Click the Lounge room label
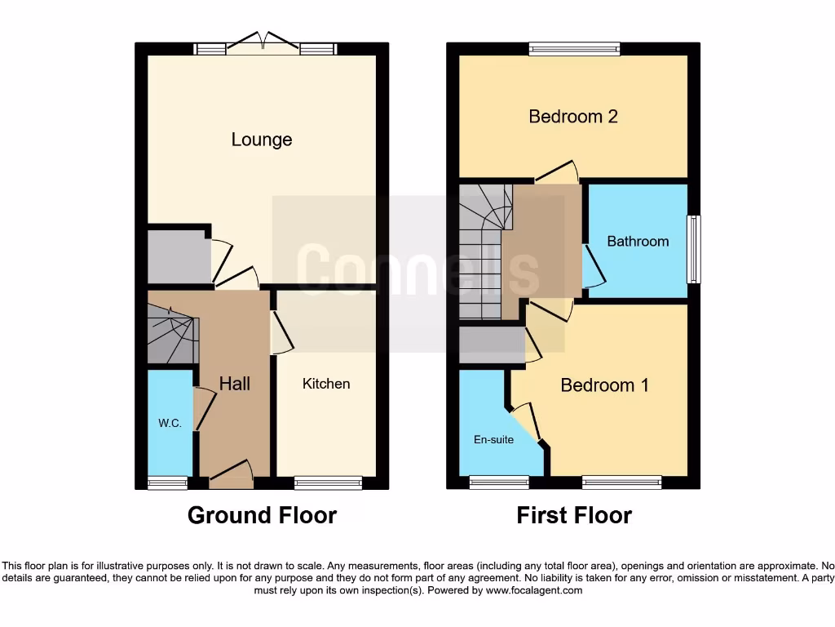coord(262,140)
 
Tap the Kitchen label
coord(326,384)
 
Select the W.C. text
coord(170,424)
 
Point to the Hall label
coord(235,383)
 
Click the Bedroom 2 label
coord(573,116)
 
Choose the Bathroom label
coord(638,242)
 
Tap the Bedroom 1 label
coord(604,385)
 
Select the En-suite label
coord(493,439)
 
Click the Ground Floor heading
coord(262,515)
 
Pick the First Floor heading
coord(574,515)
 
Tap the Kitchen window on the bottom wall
coord(327,483)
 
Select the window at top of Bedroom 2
coord(573,49)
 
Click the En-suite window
coord(499,483)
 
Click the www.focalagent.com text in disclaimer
coord(534,590)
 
